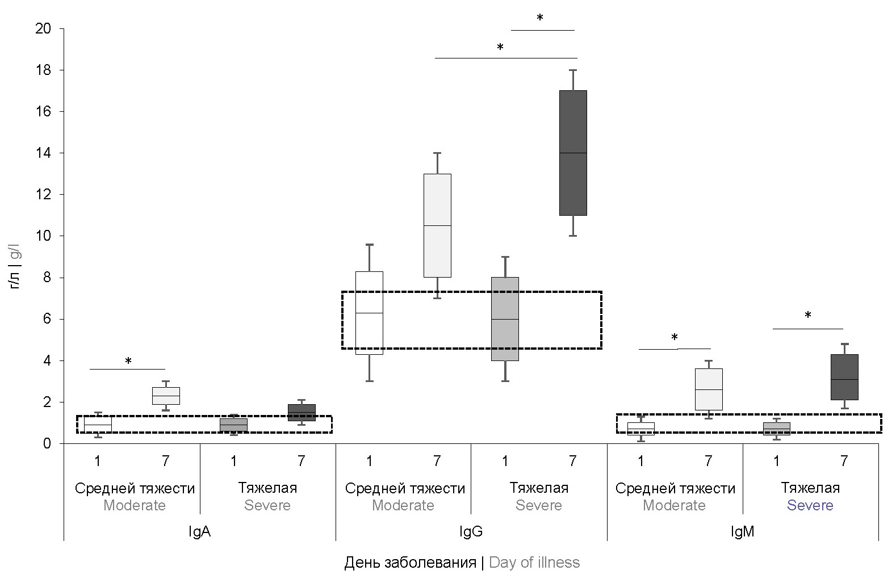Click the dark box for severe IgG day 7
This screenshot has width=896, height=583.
(x=573, y=153)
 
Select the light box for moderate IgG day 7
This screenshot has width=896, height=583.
(x=437, y=225)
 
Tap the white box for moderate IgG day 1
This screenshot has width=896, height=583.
(x=369, y=313)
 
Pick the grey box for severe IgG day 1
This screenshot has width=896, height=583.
(x=505, y=319)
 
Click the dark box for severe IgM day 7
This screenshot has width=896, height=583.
(x=844, y=378)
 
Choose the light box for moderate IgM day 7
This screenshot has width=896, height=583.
(x=709, y=389)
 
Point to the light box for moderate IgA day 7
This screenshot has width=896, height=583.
(x=166, y=396)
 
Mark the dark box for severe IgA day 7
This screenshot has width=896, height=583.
(x=302, y=413)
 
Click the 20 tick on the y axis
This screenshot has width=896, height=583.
(x=43, y=28)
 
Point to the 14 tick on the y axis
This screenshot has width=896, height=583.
(x=43, y=153)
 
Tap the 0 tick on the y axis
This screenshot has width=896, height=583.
(x=47, y=443)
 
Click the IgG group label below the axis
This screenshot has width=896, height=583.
(x=471, y=532)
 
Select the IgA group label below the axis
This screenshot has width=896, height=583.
(x=200, y=532)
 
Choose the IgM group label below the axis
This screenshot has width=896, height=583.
(x=743, y=532)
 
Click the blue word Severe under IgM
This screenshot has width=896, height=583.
(x=810, y=505)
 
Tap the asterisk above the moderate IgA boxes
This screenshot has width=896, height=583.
(x=128, y=362)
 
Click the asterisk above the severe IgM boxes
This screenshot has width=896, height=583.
(x=808, y=316)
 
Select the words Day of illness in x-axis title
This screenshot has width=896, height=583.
(x=534, y=563)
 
